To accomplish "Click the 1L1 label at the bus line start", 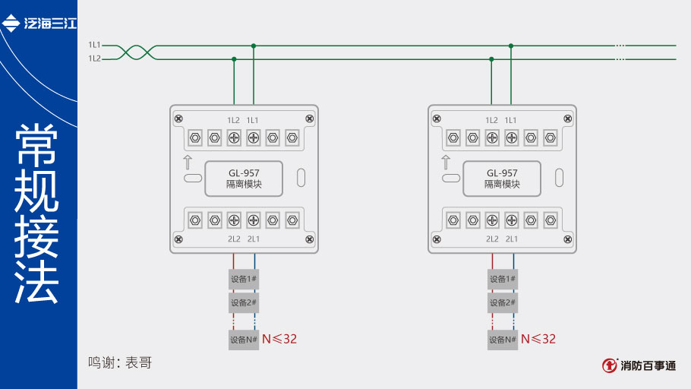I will (x=94, y=46).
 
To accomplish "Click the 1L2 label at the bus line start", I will (x=94, y=59).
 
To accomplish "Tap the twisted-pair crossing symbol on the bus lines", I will (x=139, y=52).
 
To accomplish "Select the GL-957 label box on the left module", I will (x=245, y=179).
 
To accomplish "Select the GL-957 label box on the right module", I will (x=502, y=179).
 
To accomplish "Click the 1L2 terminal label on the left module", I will (x=234, y=120).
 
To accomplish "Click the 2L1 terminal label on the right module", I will (x=512, y=239).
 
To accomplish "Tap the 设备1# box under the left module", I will (x=244, y=279).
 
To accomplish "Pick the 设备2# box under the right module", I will (x=502, y=302).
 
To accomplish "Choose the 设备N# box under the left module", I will (x=244, y=339).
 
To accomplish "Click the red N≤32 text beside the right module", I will (x=538, y=339).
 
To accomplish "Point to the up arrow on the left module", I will (x=187, y=162).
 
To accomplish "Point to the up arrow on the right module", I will (x=446, y=162).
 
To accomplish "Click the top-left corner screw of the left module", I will (x=178, y=119).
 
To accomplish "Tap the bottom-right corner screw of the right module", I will (x=567, y=239).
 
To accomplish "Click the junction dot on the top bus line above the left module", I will (x=254, y=46).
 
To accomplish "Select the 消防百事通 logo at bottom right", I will (x=639, y=365).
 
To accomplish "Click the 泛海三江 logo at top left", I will (x=39, y=24).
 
